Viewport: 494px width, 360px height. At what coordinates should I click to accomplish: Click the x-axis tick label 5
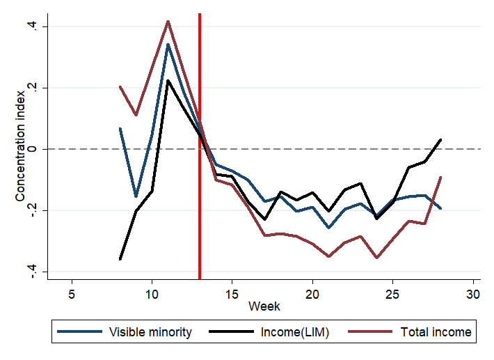pyautogui.click(x=72, y=294)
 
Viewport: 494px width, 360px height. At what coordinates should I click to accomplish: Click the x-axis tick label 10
pyautogui.click(x=152, y=294)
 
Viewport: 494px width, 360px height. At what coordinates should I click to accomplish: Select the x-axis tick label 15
pyautogui.click(x=232, y=294)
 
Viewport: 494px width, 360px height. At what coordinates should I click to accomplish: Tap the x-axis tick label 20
pyautogui.click(x=312, y=294)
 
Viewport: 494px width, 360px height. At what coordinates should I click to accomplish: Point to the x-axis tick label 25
pyautogui.click(x=393, y=294)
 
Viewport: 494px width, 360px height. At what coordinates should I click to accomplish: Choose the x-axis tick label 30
pyautogui.click(x=473, y=294)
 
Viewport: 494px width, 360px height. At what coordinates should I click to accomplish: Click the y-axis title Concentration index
pyautogui.click(x=21, y=149)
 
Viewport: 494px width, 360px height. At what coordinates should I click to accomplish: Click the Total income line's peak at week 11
pyautogui.click(x=168, y=21)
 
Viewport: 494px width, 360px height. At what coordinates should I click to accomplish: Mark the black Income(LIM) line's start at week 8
pyautogui.click(x=120, y=259)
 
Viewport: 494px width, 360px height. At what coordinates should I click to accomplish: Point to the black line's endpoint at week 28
pyautogui.click(x=441, y=139)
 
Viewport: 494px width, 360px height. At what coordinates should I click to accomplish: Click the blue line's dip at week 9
pyautogui.click(x=136, y=197)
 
